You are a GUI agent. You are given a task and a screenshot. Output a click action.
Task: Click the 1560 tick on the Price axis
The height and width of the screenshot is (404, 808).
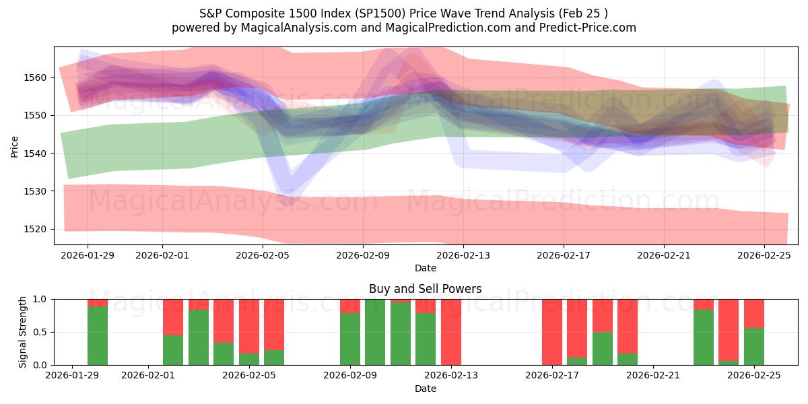[36, 77]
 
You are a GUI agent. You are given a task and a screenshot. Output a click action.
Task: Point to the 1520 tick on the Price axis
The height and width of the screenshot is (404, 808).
[36, 229]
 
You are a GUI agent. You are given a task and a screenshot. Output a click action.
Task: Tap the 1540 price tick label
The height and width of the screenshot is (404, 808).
[36, 154]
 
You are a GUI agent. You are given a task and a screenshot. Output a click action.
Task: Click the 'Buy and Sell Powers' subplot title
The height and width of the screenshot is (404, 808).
[426, 289]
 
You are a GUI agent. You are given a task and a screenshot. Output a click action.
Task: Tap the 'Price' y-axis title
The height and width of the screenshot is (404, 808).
[15, 145]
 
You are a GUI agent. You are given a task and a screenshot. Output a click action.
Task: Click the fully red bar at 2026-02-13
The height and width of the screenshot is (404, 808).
[451, 332]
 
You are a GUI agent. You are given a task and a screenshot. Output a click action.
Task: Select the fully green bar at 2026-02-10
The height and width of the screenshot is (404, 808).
[375, 332]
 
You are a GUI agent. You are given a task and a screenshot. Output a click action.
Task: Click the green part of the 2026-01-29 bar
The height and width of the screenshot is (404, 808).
[98, 337]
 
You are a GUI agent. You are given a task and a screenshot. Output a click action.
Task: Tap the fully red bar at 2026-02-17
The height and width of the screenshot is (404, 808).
[552, 332]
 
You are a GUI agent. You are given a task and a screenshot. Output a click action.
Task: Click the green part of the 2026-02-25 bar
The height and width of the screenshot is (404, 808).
[754, 347]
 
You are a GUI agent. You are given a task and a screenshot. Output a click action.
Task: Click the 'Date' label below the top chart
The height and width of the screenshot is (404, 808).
[426, 268]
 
